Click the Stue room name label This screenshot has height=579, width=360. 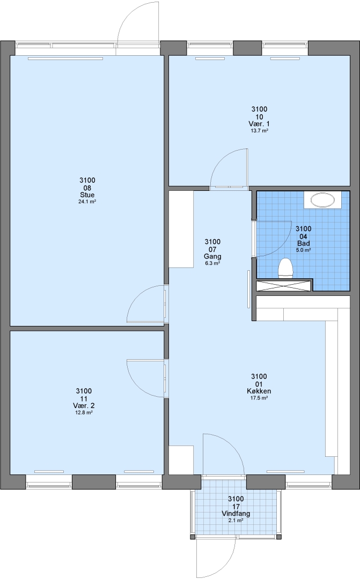pos(87,195)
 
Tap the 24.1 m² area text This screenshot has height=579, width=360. pos(87,202)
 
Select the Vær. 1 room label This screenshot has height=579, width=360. pos(259,124)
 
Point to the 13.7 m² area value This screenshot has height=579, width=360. pos(259,130)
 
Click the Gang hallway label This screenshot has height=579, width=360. pos(212,256)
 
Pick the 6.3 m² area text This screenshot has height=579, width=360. pos(212,263)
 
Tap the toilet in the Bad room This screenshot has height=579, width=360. pos(285,268)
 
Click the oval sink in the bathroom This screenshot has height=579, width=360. pos(322,200)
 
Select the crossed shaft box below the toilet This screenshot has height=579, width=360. pos(284,286)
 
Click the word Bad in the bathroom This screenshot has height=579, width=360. pos(304,243)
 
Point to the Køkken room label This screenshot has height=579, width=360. pos(259,391)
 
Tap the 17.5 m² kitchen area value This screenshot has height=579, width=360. pos(259,398)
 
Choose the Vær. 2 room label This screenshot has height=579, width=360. pos(84,405)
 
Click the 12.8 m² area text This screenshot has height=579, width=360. pos(84,412)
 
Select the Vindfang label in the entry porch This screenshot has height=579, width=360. pos(236,514)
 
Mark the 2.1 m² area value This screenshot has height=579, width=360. pos(236,520)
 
